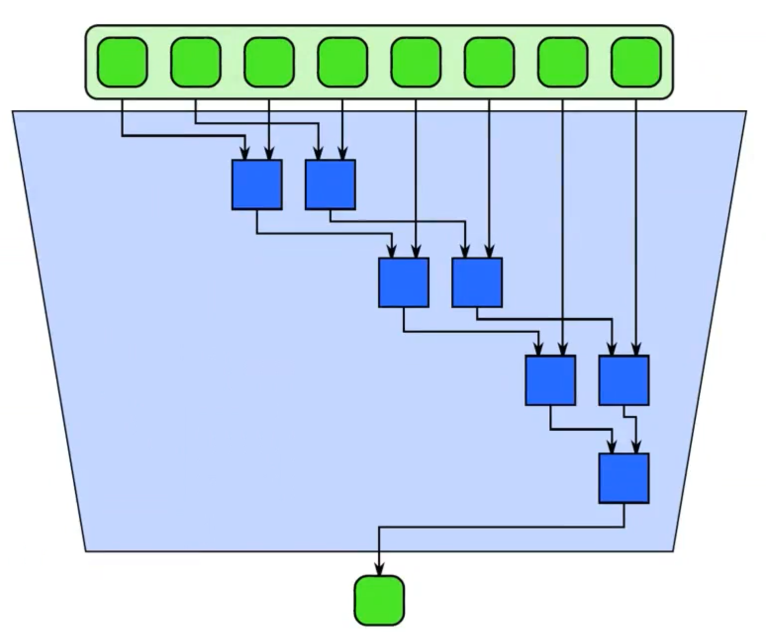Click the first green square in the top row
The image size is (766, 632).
tap(122, 62)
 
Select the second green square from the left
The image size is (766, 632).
tap(195, 62)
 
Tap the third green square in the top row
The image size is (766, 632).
tap(269, 62)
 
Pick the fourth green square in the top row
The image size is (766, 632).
tap(342, 62)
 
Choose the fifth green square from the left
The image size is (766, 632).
tap(416, 62)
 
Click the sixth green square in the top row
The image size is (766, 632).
tap(489, 62)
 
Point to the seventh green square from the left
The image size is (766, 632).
tap(563, 62)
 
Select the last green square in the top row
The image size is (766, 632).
tap(636, 62)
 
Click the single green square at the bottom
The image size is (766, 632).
tap(379, 600)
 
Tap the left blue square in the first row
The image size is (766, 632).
tap(257, 184)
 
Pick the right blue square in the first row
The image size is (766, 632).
tap(330, 184)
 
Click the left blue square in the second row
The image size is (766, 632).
tap(404, 282)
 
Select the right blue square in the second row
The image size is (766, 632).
tap(477, 282)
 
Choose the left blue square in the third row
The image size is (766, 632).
tap(550, 380)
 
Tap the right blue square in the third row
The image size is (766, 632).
tap(623, 380)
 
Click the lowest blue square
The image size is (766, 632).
tap(623, 478)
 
